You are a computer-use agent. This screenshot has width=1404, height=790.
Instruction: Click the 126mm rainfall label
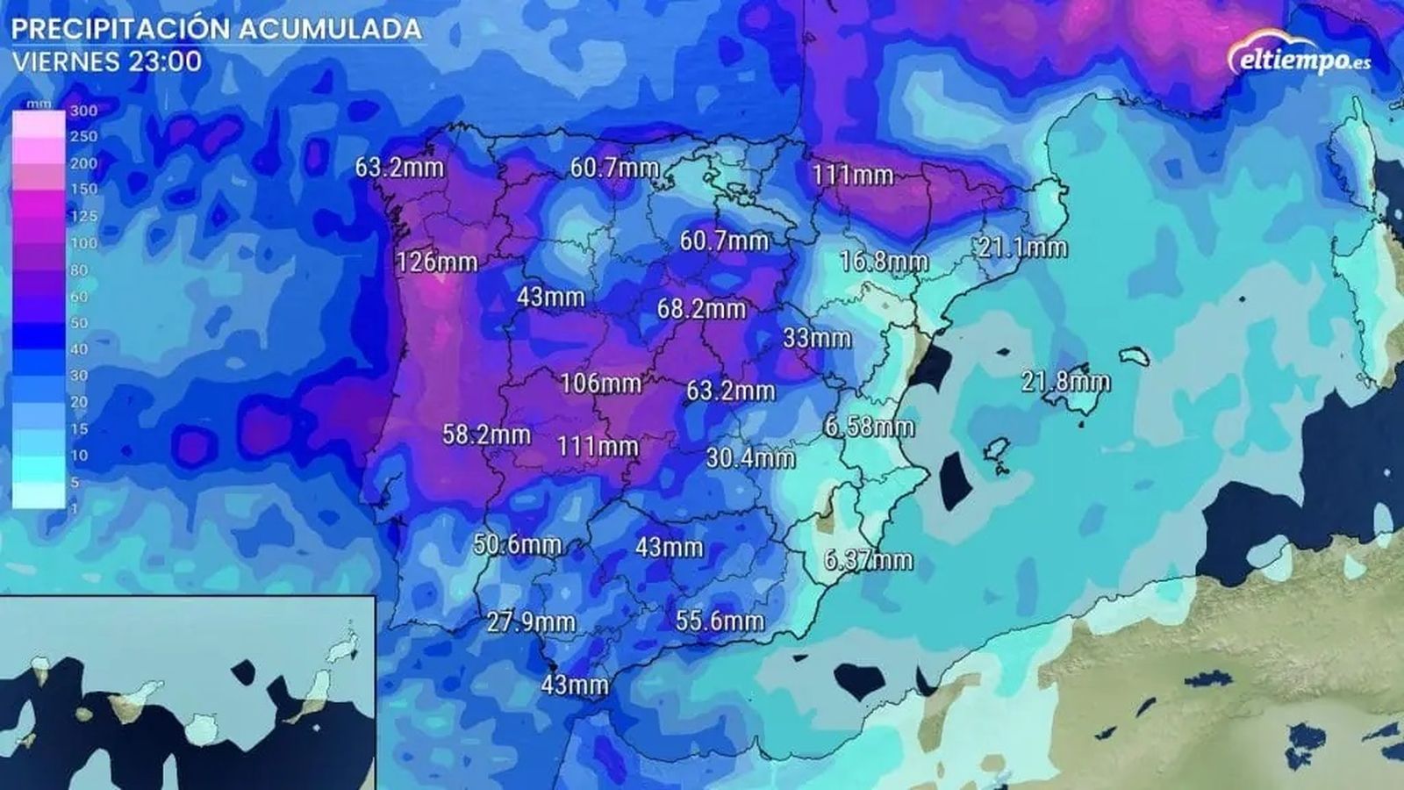point(436,262)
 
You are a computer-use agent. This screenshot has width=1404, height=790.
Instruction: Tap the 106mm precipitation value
point(600,383)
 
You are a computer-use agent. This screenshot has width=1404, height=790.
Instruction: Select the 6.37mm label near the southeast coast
point(868,559)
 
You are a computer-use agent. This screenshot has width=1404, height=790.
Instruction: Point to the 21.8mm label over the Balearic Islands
point(1065,381)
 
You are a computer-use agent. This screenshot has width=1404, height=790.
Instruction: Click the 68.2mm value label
point(701,308)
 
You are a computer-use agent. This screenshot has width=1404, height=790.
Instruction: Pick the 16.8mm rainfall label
point(883,261)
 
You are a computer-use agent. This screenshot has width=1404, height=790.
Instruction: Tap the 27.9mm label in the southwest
point(531,621)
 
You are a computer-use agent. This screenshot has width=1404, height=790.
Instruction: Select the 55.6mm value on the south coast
point(719,621)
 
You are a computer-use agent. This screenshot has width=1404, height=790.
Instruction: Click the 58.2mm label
point(485,434)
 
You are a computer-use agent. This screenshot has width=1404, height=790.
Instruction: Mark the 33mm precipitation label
point(816,337)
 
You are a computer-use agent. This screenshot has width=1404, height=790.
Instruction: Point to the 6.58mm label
point(869,427)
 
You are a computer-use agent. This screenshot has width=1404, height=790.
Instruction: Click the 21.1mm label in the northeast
point(1022,248)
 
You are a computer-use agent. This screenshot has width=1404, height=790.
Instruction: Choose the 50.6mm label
point(517,544)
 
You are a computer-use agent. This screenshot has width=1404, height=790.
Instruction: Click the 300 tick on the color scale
point(83,111)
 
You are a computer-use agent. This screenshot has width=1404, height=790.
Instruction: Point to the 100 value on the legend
point(83,243)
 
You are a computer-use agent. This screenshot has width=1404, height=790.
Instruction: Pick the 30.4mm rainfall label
point(749,457)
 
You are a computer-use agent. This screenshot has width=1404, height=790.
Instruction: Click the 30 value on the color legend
point(79,376)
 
